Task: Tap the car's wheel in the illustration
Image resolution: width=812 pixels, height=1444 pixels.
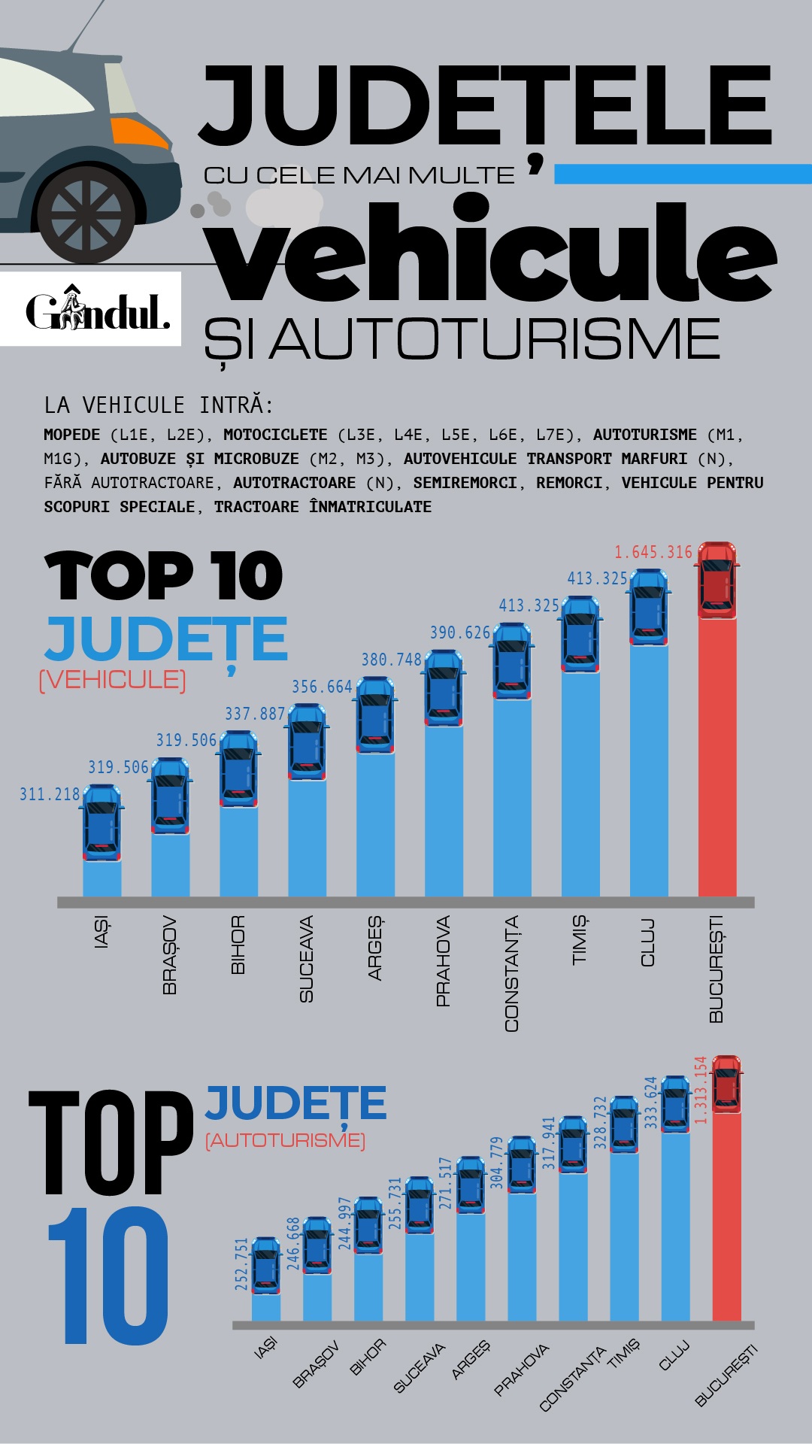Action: click(x=86, y=216)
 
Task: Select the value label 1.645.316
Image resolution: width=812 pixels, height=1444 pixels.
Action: click(x=653, y=553)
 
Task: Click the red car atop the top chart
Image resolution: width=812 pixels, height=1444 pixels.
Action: click(x=717, y=579)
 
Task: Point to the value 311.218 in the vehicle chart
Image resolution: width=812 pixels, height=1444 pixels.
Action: click(x=50, y=794)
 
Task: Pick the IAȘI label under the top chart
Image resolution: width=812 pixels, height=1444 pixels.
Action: click(x=102, y=933)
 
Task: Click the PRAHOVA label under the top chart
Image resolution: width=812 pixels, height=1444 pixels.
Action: click(x=444, y=960)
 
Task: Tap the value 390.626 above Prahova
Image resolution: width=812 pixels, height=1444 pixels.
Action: click(x=459, y=633)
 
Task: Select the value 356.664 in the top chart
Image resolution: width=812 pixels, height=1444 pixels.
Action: click(x=322, y=687)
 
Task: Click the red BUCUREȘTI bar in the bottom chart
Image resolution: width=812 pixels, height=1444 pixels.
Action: click(x=726, y=1218)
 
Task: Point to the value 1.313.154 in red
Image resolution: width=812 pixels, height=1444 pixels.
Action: click(x=701, y=1091)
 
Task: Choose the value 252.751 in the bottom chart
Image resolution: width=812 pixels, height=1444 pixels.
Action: click(x=241, y=1264)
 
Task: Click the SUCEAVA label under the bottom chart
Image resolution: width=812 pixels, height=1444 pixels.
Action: click(x=420, y=1368)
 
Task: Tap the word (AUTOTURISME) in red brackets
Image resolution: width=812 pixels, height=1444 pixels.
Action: click(x=286, y=1141)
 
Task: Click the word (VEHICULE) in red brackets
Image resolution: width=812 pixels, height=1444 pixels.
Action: click(x=113, y=680)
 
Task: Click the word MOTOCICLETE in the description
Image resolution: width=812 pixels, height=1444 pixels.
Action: click(x=275, y=435)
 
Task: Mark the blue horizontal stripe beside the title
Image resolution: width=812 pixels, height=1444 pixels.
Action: click(x=683, y=174)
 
